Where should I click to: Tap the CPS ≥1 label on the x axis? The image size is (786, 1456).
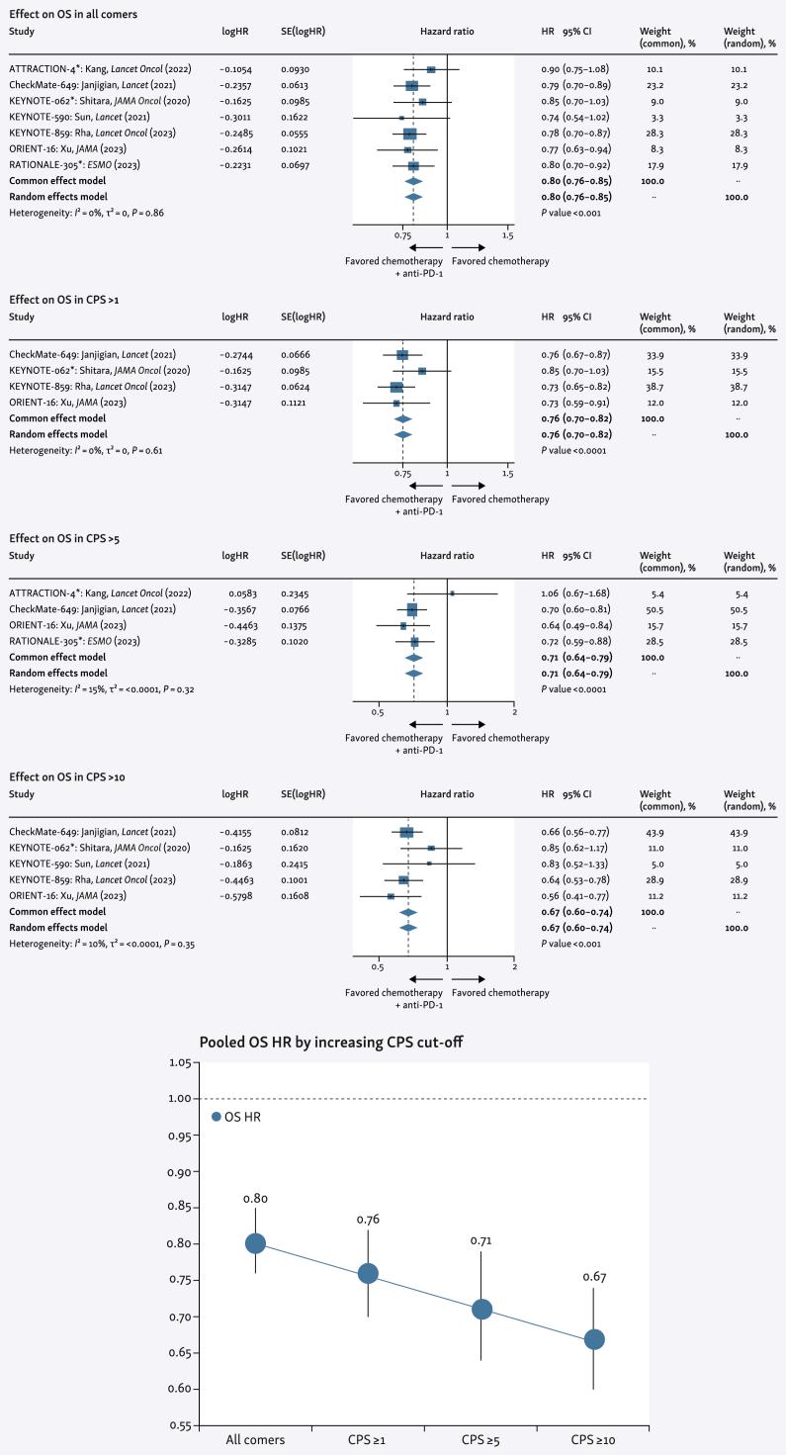tap(368, 1441)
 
